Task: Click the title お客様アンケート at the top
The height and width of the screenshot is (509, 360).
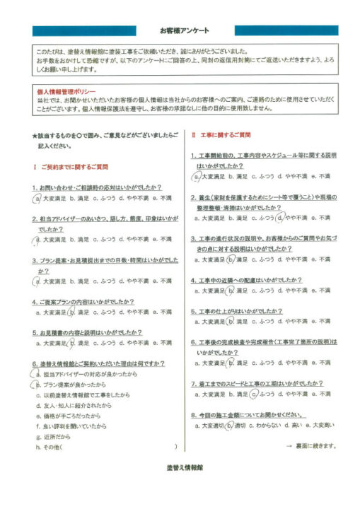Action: pyautogui.click(x=180, y=31)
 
